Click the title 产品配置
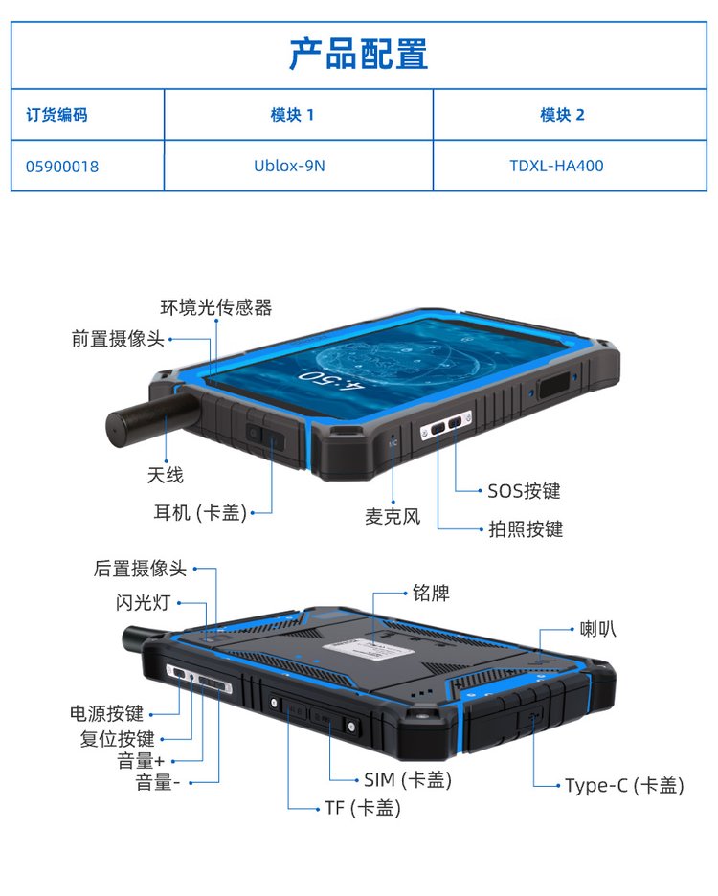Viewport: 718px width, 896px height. [358, 54]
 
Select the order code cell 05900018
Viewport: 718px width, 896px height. [61, 167]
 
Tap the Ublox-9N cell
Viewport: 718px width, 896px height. [289, 166]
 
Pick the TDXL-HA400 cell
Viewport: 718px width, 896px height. [556, 166]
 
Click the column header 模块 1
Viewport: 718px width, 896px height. [292, 115]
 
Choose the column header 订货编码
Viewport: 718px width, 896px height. [56, 115]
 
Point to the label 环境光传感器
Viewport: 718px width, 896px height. [216, 307]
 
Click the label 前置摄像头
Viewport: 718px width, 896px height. [118, 338]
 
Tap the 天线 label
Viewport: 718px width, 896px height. [166, 475]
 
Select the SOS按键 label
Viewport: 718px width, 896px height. [524, 491]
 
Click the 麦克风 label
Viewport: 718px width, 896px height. [393, 517]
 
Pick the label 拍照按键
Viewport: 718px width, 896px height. [526, 529]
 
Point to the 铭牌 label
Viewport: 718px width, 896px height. [431, 594]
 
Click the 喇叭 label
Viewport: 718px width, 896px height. [598, 629]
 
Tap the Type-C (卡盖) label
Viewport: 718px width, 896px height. [624, 785]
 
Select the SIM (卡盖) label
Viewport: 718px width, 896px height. [408, 779]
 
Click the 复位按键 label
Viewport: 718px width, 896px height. [117, 739]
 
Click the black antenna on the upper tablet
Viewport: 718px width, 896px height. [149, 418]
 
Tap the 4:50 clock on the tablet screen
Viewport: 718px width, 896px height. [331, 379]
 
